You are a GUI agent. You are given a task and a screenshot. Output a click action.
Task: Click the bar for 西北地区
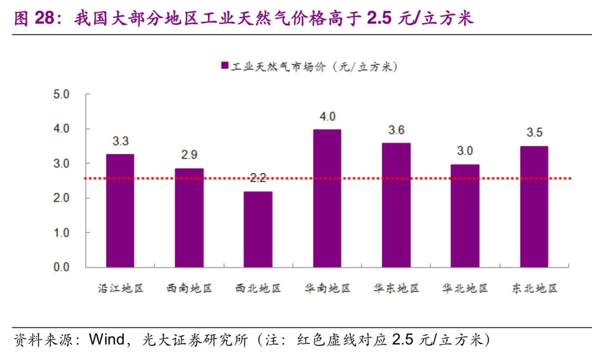[x=258, y=229]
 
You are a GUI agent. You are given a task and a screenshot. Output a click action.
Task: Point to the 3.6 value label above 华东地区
[x=396, y=130]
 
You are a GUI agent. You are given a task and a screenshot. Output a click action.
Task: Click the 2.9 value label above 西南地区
[x=189, y=155]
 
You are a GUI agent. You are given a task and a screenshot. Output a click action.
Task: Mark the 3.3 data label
[x=120, y=141]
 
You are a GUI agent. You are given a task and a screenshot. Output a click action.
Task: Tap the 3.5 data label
[x=534, y=132]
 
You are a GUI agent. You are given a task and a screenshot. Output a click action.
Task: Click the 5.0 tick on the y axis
[x=61, y=94]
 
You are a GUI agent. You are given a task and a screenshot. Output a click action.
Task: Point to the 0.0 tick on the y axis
[x=61, y=267]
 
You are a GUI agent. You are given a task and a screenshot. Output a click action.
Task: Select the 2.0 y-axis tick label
[x=61, y=198]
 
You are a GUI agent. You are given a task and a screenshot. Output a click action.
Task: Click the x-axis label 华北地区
[x=465, y=289]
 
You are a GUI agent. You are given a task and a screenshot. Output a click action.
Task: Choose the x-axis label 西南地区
[x=189, y=289]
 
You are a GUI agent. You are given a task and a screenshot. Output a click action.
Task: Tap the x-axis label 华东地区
[x=396, y=289]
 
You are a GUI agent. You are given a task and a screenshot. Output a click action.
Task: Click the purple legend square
[x=225, y=65]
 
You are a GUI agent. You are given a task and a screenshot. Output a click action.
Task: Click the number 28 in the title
[x=45, y=18]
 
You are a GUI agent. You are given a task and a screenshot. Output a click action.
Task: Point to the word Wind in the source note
[x=106, y=340]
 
